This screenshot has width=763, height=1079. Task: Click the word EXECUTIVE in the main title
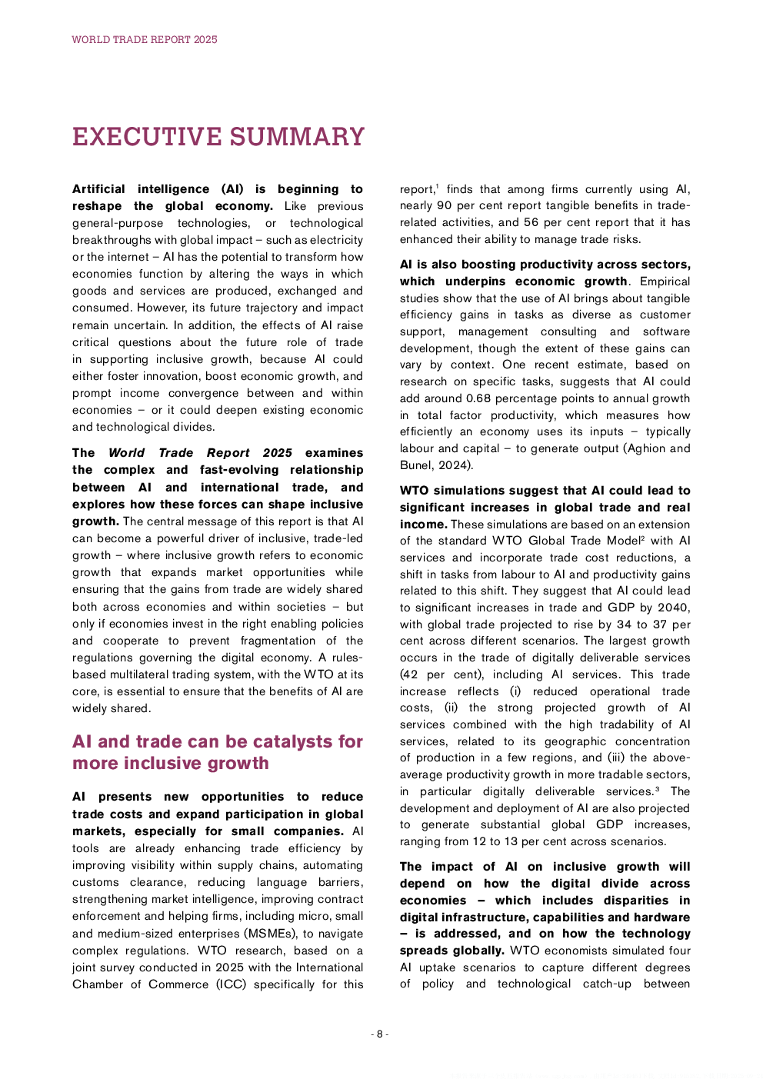coord(145,137)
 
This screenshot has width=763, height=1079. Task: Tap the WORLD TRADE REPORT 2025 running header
coord(145,39)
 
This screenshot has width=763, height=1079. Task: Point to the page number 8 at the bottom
coord(379,1034)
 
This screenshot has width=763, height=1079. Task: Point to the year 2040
coord(673,608)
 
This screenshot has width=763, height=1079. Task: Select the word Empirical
coord(665,281)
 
